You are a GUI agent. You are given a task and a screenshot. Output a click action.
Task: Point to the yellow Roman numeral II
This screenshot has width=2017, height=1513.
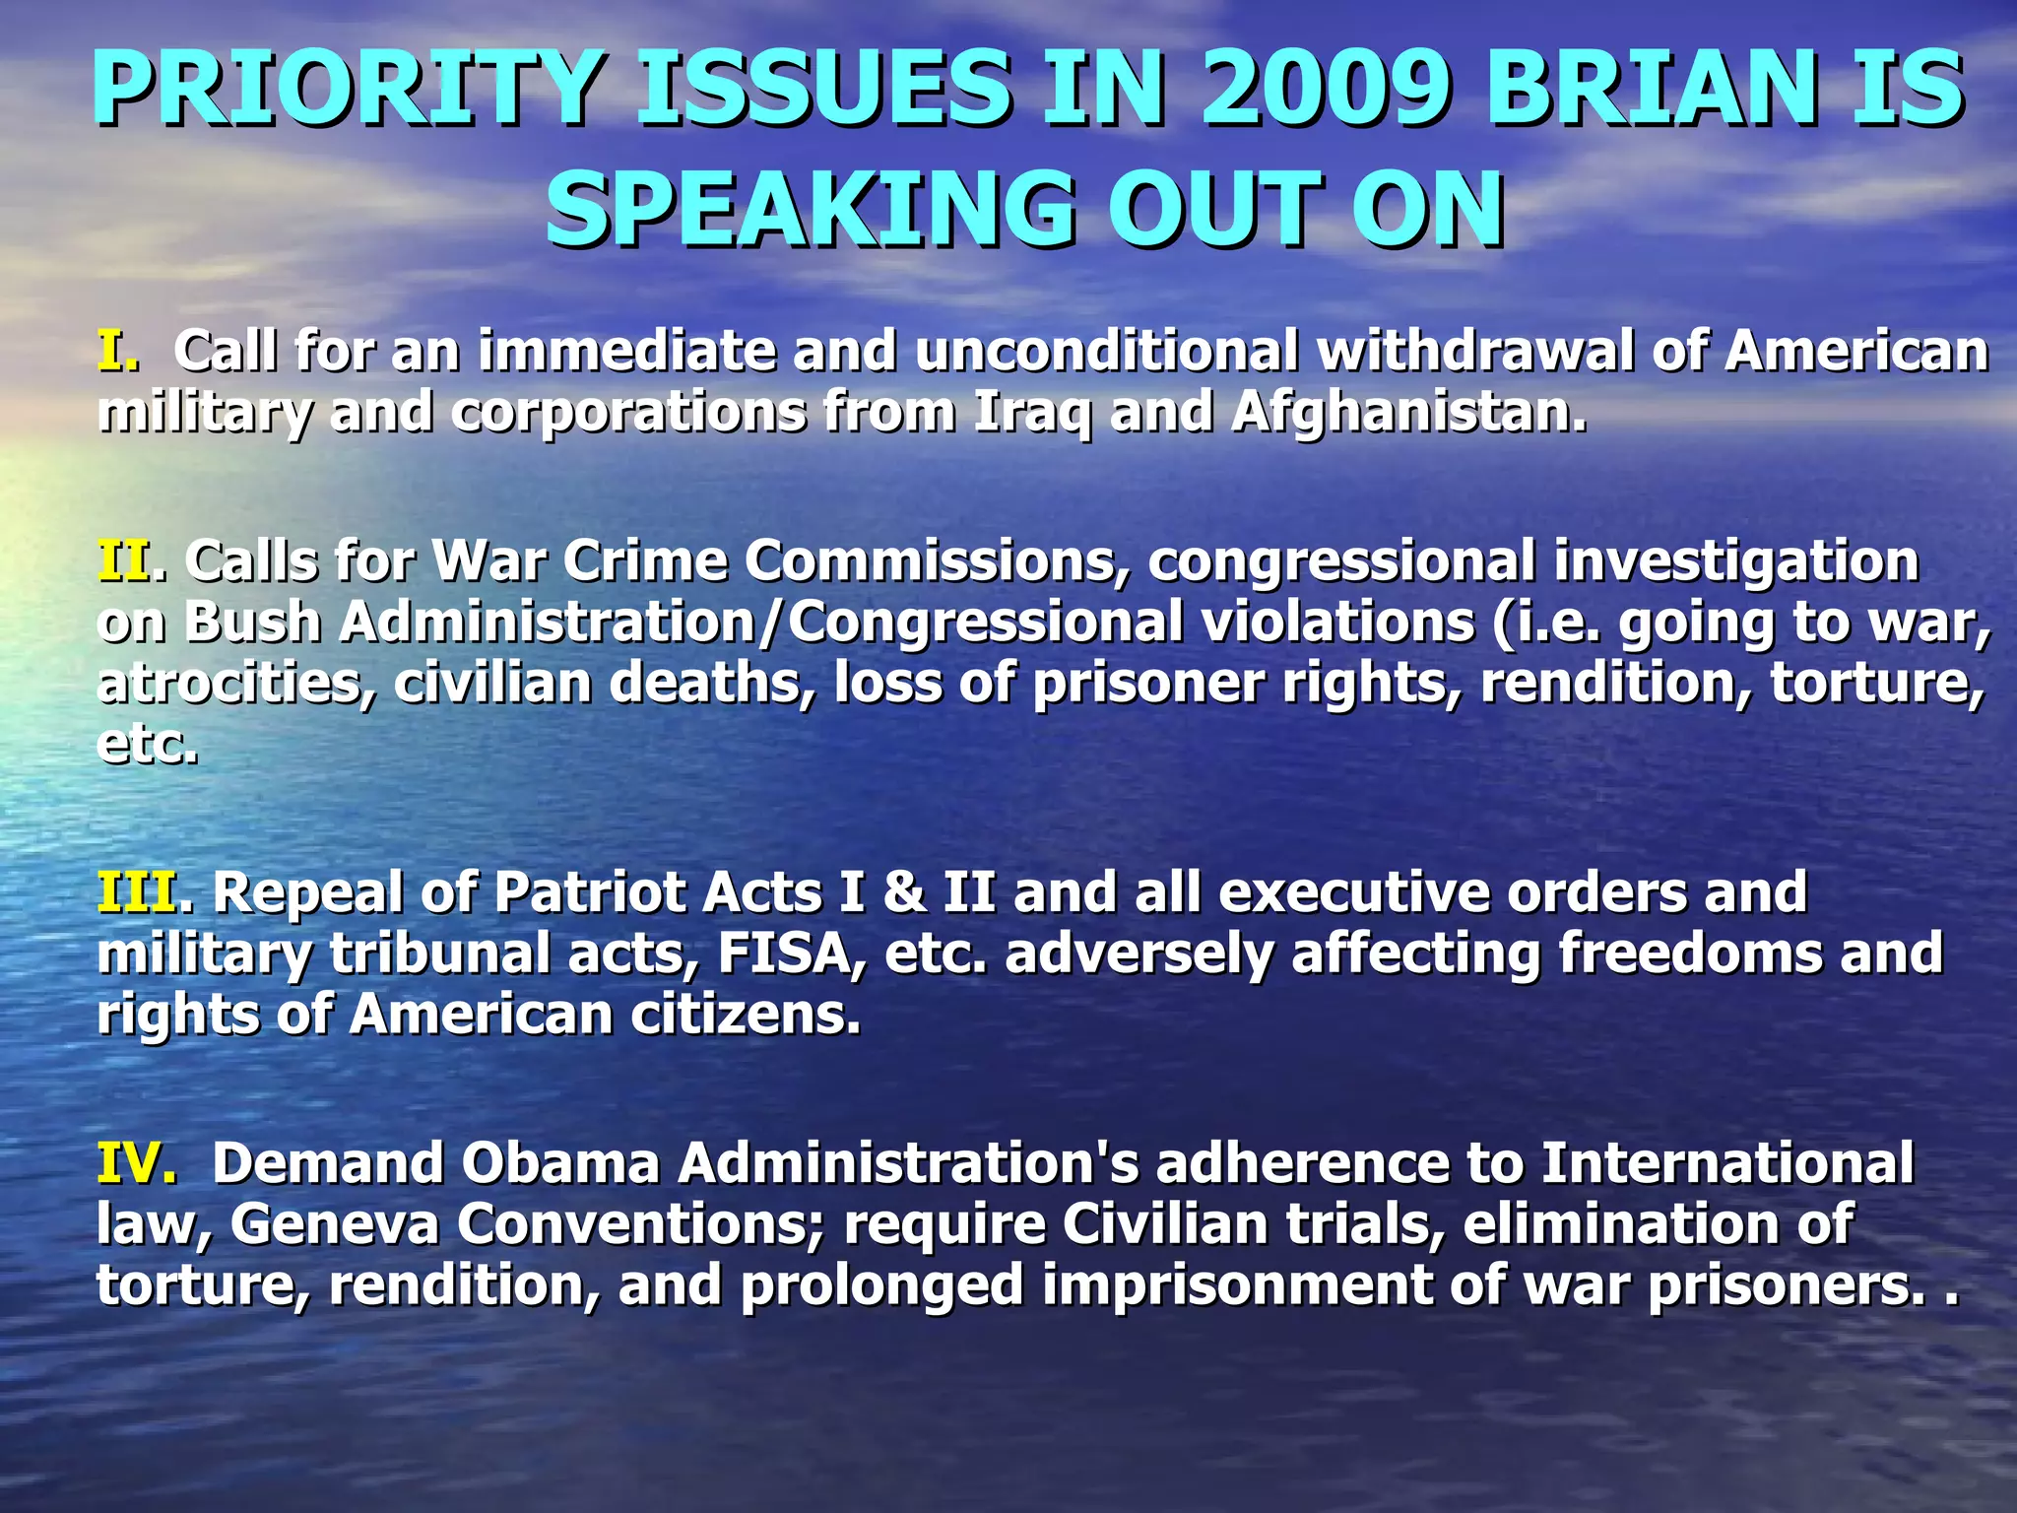tap(125, 561)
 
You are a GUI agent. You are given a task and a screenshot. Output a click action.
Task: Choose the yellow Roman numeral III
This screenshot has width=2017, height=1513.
tap(138, 892)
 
